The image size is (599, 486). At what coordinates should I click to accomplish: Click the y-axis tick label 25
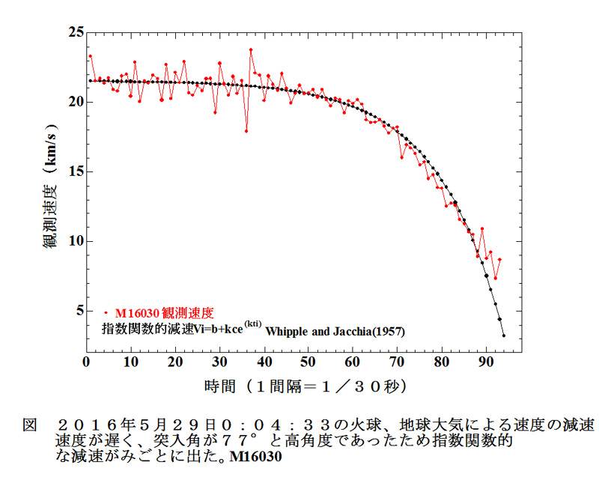tap(74, 33)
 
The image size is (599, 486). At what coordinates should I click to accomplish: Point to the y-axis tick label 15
tap(74, 171)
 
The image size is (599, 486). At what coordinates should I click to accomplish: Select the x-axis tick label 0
tap(86, 362)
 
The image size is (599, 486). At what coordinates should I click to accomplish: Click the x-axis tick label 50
tap(308, 362)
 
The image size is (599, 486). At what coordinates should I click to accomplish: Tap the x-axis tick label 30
tap(219, 362)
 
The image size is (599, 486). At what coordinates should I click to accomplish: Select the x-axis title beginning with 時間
tap(305, 387)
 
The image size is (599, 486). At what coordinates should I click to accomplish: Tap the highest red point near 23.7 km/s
tap(251, 50)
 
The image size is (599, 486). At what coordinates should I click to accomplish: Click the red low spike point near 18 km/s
tap(246, 131)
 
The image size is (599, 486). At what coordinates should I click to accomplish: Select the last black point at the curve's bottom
tap(504, 335)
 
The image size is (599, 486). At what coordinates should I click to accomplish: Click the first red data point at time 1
tap(91, 56)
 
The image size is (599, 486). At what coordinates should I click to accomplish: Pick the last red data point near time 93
tap(499, 259)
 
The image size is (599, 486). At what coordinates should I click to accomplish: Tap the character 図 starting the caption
tap(29, 425)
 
